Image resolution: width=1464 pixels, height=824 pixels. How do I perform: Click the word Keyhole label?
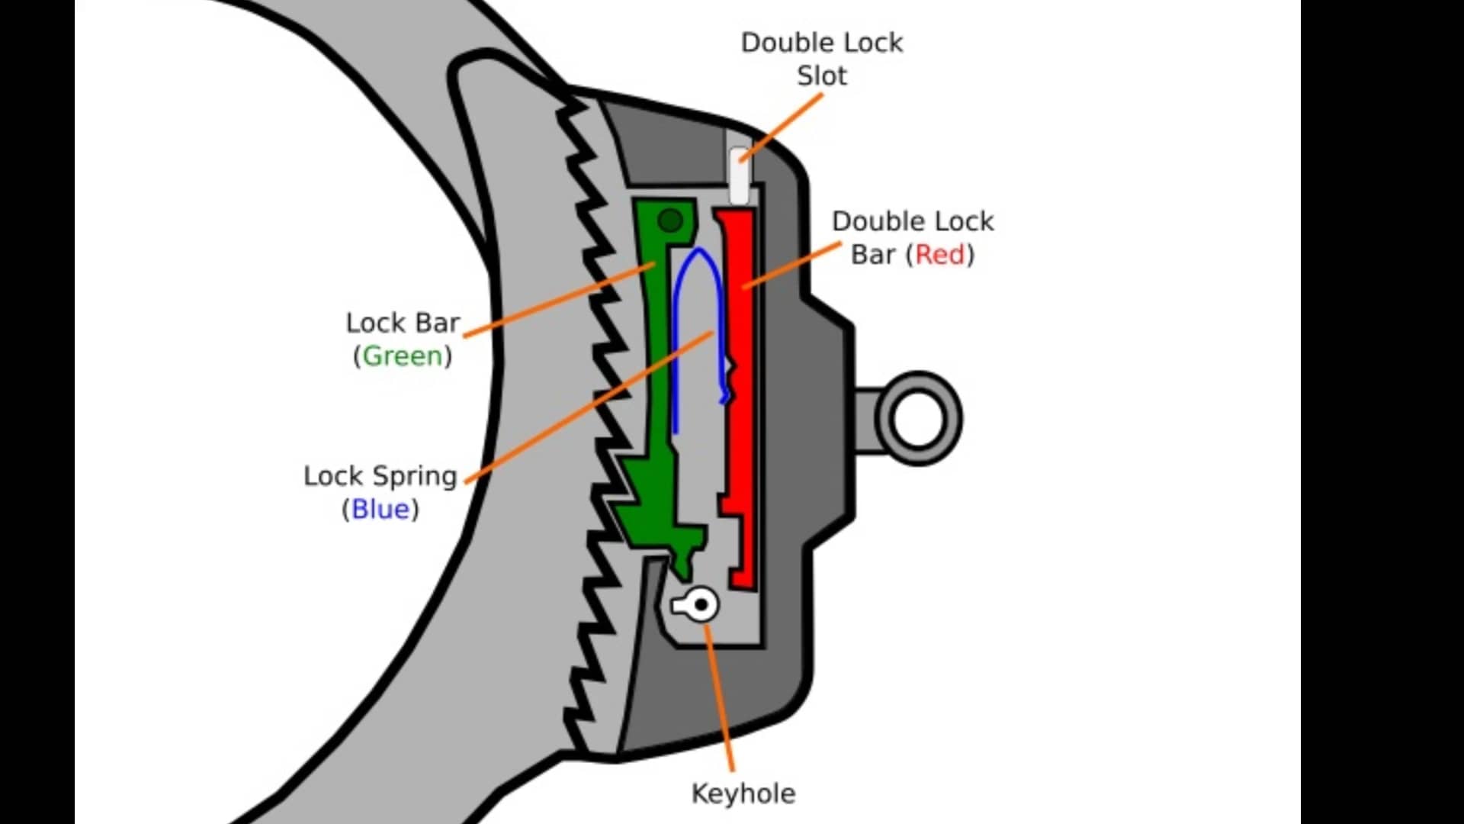(743, 793)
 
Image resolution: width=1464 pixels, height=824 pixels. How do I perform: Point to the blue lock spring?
(675, 343)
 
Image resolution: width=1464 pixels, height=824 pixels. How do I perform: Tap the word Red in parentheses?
(939, 255)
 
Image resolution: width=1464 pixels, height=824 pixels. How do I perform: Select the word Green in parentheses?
(402, 356)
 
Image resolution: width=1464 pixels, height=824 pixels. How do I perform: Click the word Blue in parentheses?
(380, 510)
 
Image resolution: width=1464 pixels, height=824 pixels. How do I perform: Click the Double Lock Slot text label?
(821, 59)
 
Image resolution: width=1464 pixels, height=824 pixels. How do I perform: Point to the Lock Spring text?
(380, 476)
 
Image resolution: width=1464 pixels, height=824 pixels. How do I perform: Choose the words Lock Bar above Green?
(402, 323)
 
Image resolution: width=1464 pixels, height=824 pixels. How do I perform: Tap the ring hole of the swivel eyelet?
(917, 418)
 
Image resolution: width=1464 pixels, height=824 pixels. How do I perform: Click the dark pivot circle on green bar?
(669, 221)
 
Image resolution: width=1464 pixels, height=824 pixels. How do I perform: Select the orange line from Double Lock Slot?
(782, 126)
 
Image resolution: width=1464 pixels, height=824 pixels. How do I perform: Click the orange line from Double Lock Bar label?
(793, 265)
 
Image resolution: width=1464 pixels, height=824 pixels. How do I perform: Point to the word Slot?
(821, 76)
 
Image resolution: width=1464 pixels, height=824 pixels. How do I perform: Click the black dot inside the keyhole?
(702, 606)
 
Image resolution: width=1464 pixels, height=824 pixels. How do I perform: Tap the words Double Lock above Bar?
(912, 221)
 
